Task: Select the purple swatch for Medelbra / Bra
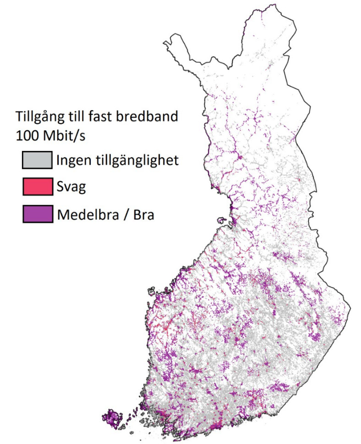(36, 214)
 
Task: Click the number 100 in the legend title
(27, 136)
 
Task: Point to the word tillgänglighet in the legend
(132, 161)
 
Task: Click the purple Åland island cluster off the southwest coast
(112, 419)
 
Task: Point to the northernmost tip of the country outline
(273, 5)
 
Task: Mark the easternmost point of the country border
(350, 306)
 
